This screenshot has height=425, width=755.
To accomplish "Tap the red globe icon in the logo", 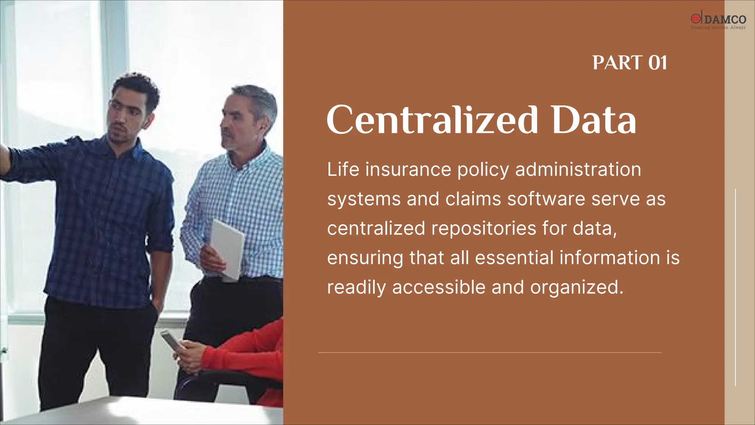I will tap(695, 18).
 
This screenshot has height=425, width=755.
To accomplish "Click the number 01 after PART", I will tap(658, 63).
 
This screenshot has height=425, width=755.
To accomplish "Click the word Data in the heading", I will tap(594, 120).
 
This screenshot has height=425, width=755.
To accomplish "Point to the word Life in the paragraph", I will tap(343, 170).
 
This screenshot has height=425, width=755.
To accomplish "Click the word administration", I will tap(578, 170).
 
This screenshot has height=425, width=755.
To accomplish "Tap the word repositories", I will tap(484, 228).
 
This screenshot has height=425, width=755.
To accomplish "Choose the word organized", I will tap(577, 288).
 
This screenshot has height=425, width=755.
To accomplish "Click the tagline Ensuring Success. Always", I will tap(718, 28).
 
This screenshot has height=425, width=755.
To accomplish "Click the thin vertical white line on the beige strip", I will tap(735, 288).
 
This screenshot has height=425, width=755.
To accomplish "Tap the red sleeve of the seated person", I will tap(240, 354).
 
